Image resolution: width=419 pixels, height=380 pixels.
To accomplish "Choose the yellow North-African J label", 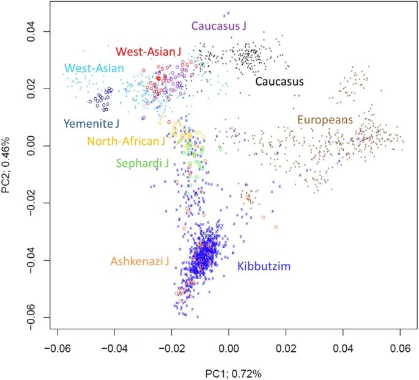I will (x=126, y=142).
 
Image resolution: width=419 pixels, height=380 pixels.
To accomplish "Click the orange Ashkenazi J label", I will (x=140, y=261).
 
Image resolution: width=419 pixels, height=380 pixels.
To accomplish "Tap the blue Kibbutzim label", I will (x=263, y=266).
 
